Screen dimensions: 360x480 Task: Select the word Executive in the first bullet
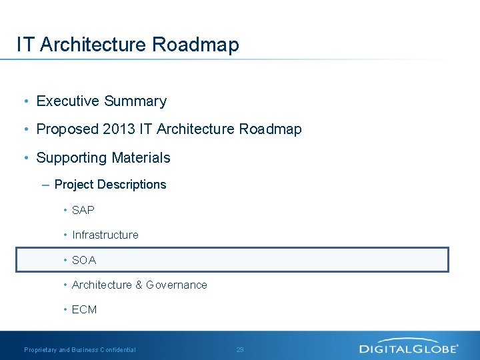point(68,101)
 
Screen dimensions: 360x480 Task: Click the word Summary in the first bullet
point(135,101)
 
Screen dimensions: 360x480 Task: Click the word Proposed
point(67,129)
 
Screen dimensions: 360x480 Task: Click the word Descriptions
point(132,185)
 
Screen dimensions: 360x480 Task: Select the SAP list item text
point(83,210)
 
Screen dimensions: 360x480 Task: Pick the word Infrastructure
point(105,235)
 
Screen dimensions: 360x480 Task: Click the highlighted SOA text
point(84,260)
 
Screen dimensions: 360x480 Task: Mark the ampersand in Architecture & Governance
point(139,285)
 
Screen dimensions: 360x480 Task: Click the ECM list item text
point(85,309)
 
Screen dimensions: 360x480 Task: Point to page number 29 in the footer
point(240,349)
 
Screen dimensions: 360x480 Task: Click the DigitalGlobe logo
point(409,347)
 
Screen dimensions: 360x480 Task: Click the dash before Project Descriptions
point(45,185)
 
